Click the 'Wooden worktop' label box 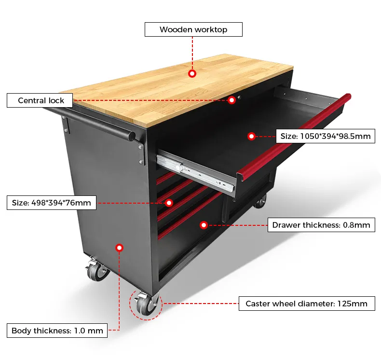193,29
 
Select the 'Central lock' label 40,101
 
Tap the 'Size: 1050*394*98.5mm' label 326,137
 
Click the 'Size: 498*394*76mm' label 52,203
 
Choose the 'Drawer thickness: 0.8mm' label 321,225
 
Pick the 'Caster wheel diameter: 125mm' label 307,304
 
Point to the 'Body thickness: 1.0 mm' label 57,331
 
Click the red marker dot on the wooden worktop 192,74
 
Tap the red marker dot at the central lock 232,100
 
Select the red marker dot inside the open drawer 251,137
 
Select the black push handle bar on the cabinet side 96,124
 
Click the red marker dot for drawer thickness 204,225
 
